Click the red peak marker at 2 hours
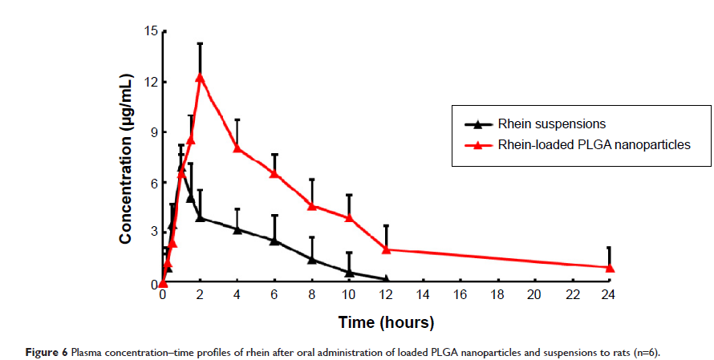[200, 77]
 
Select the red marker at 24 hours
[610, 268]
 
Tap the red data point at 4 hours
[237, 148]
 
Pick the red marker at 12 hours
[387, 249]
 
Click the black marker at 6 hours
[274, 241]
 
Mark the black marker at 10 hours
[349, 273]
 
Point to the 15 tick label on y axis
[150, 31]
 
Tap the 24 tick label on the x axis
[610, 295]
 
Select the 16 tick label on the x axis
[460, 295]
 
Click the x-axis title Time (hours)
[387, 322]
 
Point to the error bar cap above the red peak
[200, 43]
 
